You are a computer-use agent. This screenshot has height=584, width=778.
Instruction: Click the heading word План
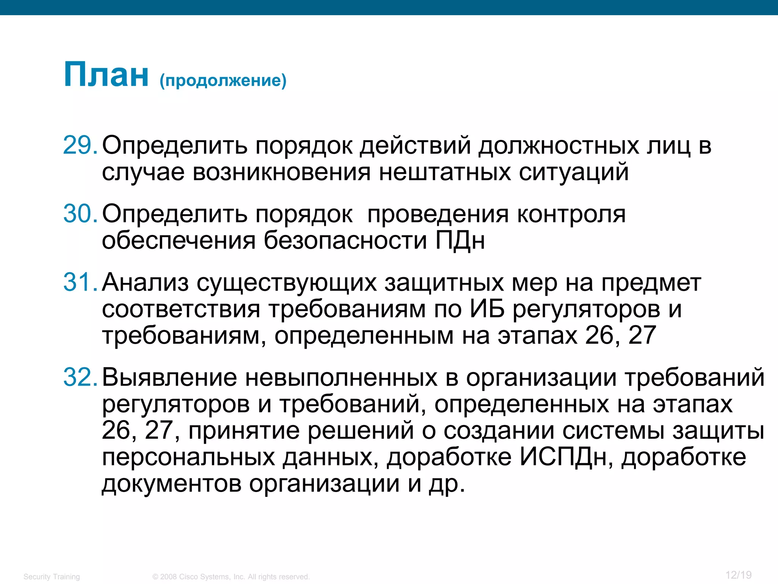106,75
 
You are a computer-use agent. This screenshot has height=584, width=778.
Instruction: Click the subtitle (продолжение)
223,81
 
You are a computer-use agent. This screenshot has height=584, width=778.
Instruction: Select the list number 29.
80,145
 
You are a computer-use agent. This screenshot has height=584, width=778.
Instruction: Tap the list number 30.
80,214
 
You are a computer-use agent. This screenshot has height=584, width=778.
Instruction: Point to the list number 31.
80,282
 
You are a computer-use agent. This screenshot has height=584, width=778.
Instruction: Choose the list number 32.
80,377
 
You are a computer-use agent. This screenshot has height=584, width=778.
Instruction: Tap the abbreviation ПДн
460,240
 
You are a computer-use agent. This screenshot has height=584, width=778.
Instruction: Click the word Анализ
145,283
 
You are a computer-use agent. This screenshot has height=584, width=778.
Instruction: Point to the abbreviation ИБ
487,309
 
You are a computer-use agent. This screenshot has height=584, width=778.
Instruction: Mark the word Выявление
169,377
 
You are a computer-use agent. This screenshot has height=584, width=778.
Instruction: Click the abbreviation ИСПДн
566,457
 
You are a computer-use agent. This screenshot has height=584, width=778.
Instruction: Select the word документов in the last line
172,484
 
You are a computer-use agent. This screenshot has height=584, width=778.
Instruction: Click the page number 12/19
738,575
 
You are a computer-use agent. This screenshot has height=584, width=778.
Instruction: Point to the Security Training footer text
52,577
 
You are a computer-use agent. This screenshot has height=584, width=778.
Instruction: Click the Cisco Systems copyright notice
231,577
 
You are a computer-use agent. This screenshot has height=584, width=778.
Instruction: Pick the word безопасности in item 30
345,240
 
